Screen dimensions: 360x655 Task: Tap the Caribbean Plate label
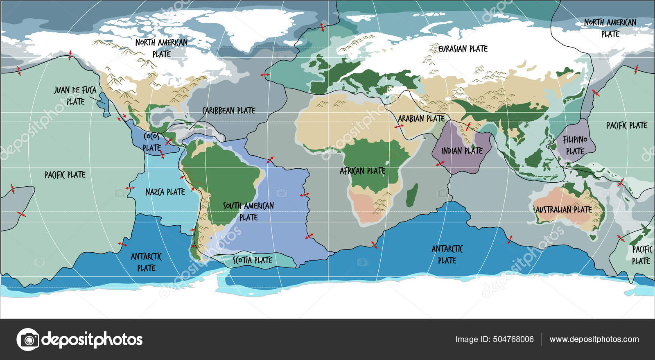228,110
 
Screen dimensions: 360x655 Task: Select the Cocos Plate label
151,142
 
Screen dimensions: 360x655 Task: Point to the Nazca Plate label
165,192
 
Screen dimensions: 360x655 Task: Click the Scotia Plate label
253,260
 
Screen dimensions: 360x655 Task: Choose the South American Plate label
248,211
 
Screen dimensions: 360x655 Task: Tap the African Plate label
362,171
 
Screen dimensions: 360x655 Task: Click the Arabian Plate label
421,118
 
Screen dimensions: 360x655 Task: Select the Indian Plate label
462,151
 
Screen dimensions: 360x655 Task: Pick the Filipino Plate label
575,145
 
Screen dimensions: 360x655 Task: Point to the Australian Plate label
564,210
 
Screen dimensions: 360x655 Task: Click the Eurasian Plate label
463,49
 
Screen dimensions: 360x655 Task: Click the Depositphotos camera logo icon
28,339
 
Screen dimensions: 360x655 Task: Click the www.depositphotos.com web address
594,339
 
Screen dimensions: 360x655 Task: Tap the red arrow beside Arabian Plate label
398,127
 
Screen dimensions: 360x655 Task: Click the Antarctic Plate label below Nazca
146,262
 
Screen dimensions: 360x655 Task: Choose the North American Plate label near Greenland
161,48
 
